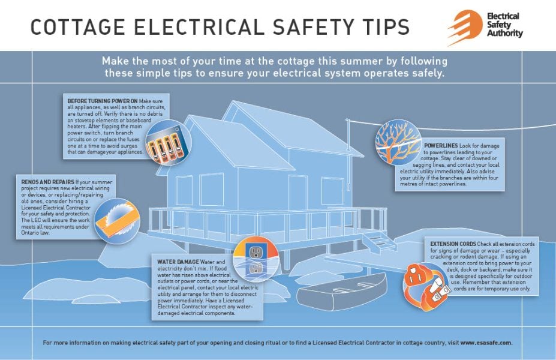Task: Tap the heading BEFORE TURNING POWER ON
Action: pyautogui.click(x=103, y=101)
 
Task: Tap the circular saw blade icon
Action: pyautogui.click(x=118, y=220)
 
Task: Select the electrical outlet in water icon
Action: pyautogui.click(x=255, y=259)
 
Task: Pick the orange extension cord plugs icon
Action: pyautogui.click(x=425, y=284)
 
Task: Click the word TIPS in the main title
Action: pyautogui.click(x=383, y=27)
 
